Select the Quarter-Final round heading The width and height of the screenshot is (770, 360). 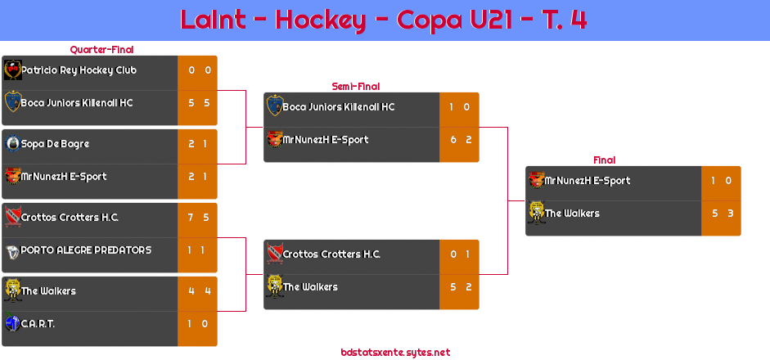101,50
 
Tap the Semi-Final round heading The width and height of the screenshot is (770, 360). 354,86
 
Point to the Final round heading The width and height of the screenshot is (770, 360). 603,160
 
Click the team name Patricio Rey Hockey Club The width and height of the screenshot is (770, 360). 79,70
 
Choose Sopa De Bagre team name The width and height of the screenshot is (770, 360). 55,144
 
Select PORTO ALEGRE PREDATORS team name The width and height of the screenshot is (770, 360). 86,250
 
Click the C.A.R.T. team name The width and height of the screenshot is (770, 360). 38,324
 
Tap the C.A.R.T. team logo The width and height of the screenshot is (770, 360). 12,323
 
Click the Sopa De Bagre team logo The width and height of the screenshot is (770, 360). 12,144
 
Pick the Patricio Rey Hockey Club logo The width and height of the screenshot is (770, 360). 12,70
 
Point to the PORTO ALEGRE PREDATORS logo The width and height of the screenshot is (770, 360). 12,250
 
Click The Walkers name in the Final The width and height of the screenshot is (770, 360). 572,214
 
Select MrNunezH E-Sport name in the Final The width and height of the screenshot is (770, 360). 587,181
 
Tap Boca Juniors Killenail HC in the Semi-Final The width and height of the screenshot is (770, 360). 338,107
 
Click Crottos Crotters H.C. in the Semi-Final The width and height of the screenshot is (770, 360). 331,254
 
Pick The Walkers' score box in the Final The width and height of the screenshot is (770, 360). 721,214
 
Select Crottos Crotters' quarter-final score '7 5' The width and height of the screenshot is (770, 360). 197,218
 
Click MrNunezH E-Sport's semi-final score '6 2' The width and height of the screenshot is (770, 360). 459,140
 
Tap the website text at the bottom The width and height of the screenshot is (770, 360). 395,353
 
